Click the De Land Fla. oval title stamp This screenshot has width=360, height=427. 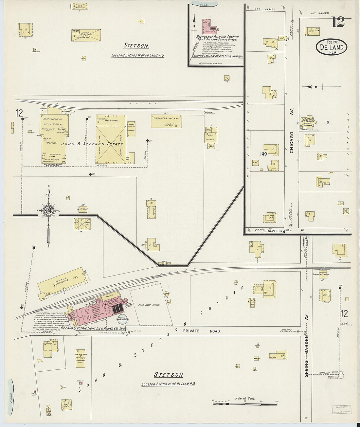331,47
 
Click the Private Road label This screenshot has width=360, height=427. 206,331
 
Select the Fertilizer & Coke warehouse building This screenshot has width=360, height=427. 166,121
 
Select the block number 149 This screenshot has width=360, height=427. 263,153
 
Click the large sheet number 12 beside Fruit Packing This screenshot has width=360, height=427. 19,113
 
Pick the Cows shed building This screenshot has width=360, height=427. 86,35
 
